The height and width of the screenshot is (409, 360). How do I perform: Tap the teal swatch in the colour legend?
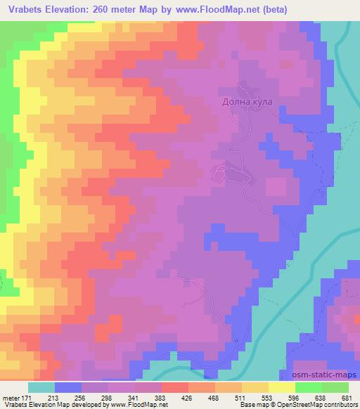click(41, 387)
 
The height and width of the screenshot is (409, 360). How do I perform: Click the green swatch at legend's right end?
click(335, 387)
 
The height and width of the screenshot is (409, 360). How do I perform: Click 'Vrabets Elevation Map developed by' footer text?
click(49, 405)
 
